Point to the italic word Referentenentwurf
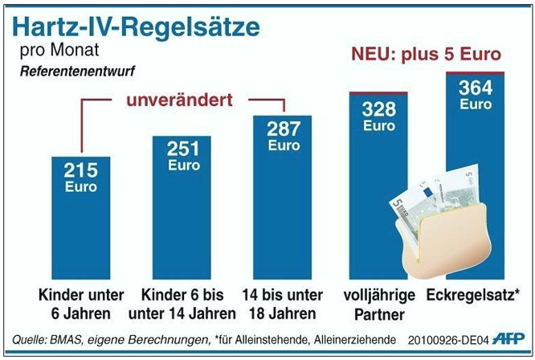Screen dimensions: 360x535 click(72, 71)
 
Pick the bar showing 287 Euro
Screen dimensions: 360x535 click(284, 193)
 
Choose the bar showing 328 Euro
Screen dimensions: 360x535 click(378, 177)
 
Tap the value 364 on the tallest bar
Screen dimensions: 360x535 click(475, 88)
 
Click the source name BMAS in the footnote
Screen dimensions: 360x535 click(67, 339)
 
